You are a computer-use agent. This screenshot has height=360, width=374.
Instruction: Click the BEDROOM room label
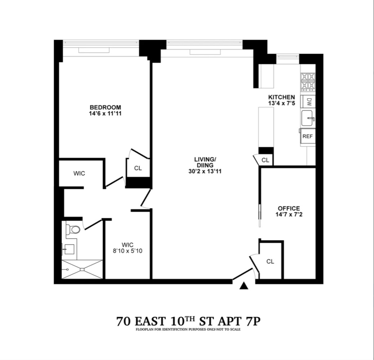coord(105,107)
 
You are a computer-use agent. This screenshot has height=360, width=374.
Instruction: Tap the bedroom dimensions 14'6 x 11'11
coord(105,113)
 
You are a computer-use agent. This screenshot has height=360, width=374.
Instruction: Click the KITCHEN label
coord(281,97)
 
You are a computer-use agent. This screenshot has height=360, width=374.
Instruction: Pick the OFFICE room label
coord(289,208)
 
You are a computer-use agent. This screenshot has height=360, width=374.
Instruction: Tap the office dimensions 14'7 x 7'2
coord(289,215)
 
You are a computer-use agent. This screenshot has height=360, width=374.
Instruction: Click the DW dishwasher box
coord(308,102)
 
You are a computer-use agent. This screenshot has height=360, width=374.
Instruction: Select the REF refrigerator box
coord(307,136)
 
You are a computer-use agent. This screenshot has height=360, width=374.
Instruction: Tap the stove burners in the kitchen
coord(308,82)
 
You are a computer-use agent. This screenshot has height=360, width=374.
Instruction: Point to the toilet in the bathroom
coord(74,229)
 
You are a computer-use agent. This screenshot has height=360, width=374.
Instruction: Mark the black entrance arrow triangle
coord(244,286)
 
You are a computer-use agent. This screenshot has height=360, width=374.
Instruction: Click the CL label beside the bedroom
coord(138,168)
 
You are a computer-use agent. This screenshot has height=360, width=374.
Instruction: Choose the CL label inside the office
coord(270,261)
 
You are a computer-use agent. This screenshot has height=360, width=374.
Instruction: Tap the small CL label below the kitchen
coord(265,160)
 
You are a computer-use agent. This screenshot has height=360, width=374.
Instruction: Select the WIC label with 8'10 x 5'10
coord(127,248)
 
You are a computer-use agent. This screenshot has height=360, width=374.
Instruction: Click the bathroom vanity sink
coord(69,249)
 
